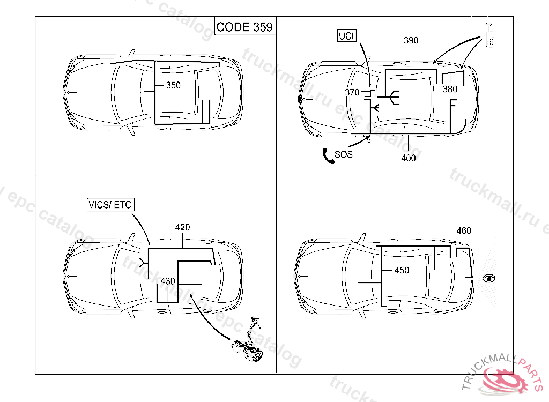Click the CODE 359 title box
pyautogui.click(x=244, y=26)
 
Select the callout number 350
pyautogui.click(x=173, y=85)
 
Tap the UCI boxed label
pyautogui.click(x=347, y=36)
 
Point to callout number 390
pyautogui.click(x=411, y=40)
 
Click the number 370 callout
pyautogui.click(x=352, y=92)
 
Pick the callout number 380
pyautogui.click(x=450, y=90)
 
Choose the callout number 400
pyautogui.click(x=408, y=158)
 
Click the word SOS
pyautogui.click(x=344, y=154)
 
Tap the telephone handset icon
pyautogui.click(x=328, y=156)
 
